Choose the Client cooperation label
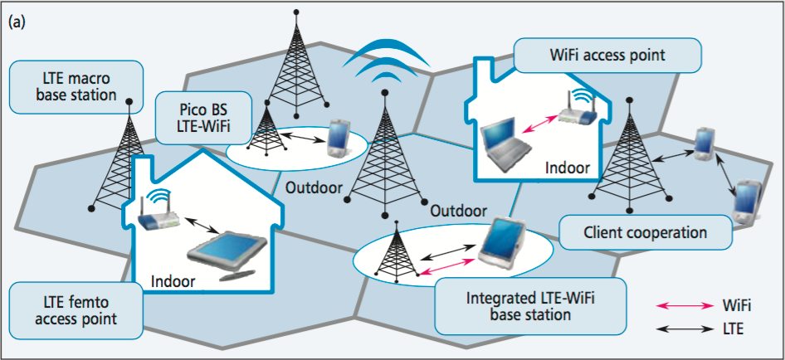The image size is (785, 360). point(646,231)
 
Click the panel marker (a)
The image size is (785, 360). point(17,22)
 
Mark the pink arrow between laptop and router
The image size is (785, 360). point(539,124)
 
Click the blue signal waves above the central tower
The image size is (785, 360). point(389,59)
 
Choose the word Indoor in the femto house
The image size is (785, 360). point(173,281)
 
